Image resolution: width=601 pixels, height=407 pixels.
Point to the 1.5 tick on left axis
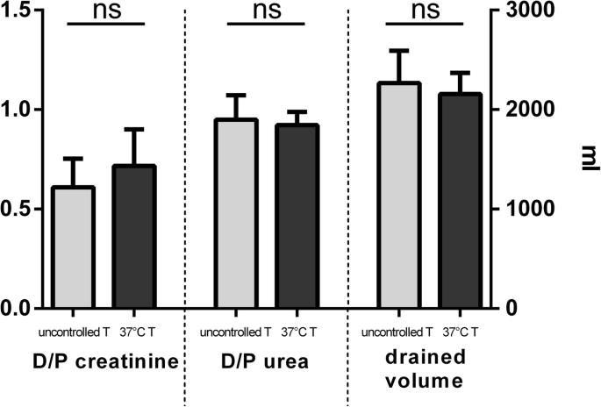(19, 11)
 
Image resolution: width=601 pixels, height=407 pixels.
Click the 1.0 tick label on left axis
(19, 110)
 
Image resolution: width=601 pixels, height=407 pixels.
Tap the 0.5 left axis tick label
(19, 209)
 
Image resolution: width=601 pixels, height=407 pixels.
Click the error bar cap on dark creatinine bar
(133, 129)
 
